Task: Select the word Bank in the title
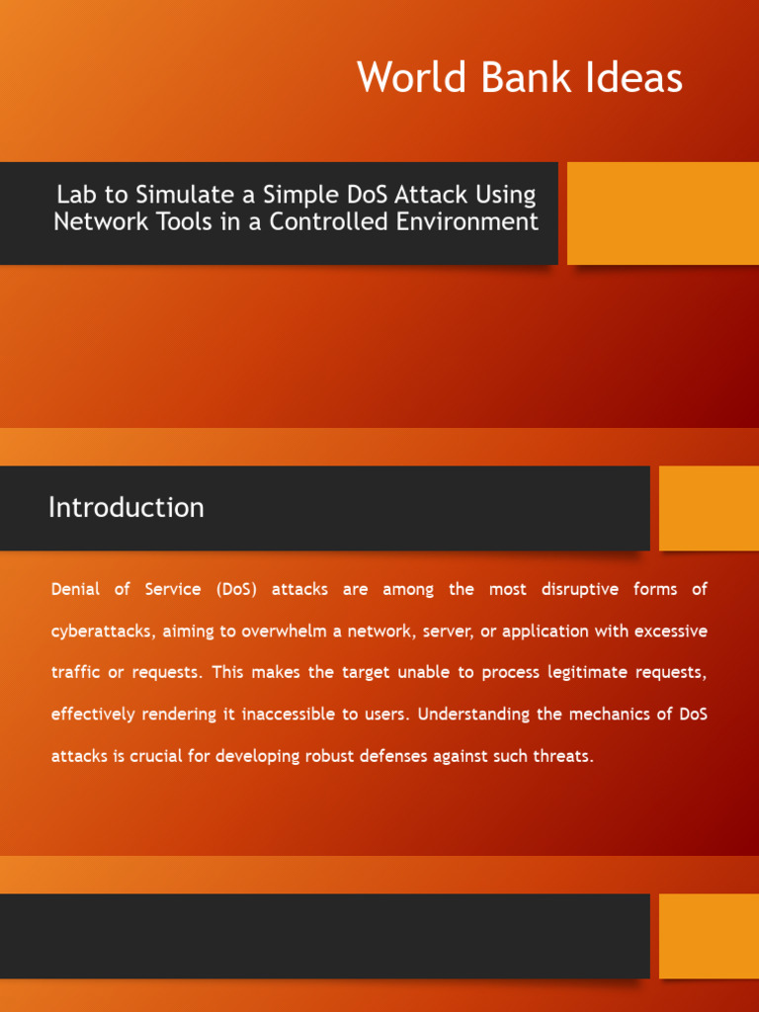(523, 78)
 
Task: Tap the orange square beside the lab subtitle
(662, 213)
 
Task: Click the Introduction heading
(126, 508)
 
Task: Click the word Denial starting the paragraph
(76, 590)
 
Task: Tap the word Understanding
(471, 715)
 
